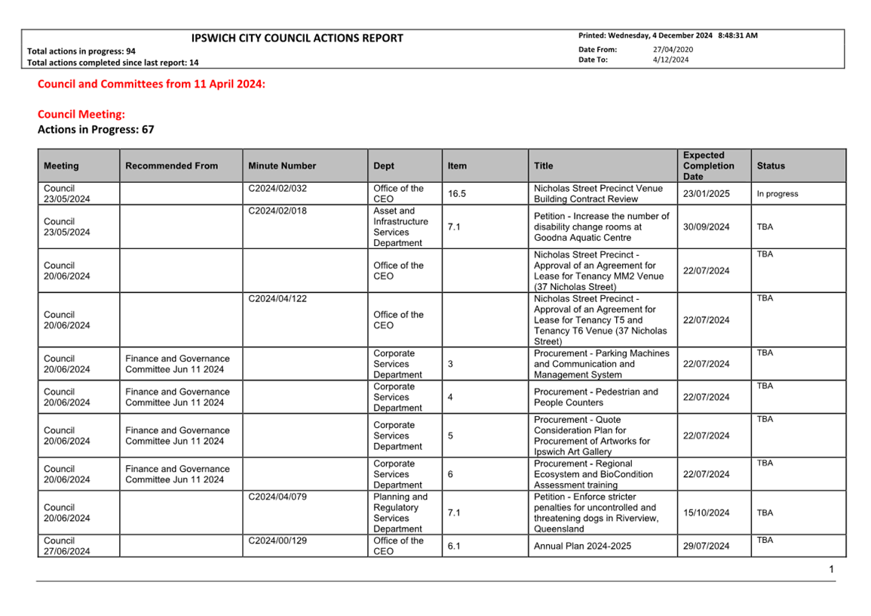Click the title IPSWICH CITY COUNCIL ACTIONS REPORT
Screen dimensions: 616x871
[x=297, y=38]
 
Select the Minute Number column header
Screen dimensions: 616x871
[x=282, y=166]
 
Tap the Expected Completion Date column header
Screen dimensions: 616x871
[x=708, y=165]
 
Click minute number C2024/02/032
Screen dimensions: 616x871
[x=278, y=189]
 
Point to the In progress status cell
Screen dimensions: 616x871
[x=777, y=194]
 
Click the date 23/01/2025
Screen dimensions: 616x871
[x=706, y=194]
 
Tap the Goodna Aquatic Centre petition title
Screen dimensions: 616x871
[x=601, y=227]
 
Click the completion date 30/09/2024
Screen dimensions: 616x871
[x=706, y=227]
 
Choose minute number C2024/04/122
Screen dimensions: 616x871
[x=278, y=299]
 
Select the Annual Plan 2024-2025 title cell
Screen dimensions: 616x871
[x=582, y=546]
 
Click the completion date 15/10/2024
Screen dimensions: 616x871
[x=706, y=513]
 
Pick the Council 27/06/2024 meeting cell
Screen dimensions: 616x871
[x=67, y=546]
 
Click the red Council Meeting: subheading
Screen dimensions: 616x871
[x=81, y=114]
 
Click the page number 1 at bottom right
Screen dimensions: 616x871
[x=831, y=569]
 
